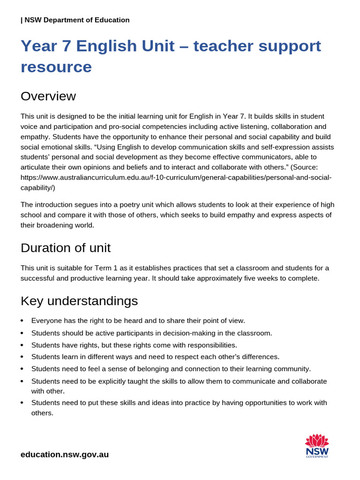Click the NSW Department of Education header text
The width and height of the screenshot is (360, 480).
pyautogui.click(x=75, y=20)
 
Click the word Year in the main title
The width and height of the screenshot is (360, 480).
pyautogui.click(x=37, y=46)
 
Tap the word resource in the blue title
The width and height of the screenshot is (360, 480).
pyautogui.click(x=56, y=67)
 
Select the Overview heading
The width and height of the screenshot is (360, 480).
pyautogui.click(x=48, y=96)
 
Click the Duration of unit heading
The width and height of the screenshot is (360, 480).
pyautogui.click(x=66, y=247)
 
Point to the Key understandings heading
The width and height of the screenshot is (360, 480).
pyautogui.click(x=79, y=301)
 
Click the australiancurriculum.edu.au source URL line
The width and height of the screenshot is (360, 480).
pyautogui.click(x=176, y=178)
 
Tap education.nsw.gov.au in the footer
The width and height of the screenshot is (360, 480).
pyautogui.click(x=65, y=454)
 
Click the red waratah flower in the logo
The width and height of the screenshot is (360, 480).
pyautogui.click(x=317, y=440)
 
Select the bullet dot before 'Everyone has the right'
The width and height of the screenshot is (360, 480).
pyautogui.click(x=22, y=321)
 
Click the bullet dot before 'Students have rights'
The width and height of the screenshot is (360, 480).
pyautogui.click(x=22, y=345)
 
